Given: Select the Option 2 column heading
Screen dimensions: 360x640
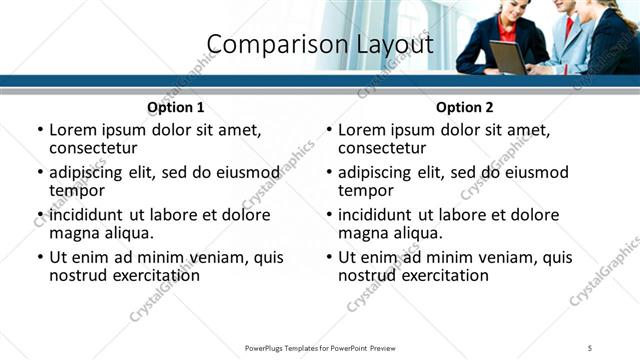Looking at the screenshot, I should click(x=465, y=107).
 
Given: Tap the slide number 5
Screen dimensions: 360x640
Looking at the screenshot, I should click(x=590, y=347).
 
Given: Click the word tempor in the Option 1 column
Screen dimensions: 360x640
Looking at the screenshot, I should click(x=77, y=190).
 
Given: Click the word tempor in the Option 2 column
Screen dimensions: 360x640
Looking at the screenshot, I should click(x=366, y=190).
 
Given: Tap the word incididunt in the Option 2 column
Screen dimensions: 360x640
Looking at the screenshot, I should click(x=379, y=215).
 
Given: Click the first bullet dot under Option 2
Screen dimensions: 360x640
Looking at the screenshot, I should click(x=329, y=130).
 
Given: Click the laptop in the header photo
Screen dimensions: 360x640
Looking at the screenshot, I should click(x=507, y=57).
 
